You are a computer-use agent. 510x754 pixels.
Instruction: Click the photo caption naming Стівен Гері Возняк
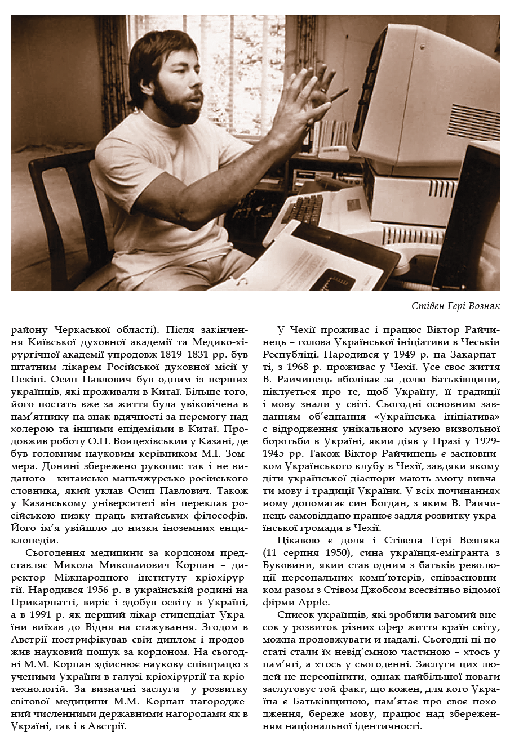(x=455, y=306)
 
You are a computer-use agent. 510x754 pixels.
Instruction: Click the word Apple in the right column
(x=309, y=603)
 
